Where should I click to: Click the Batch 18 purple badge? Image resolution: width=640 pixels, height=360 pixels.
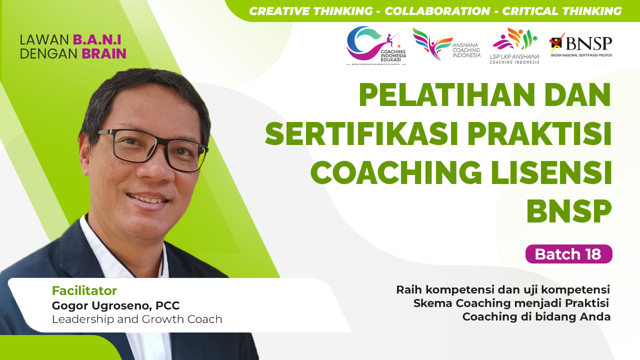click(568, 254)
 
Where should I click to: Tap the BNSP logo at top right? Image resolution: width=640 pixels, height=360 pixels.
click(580, 45)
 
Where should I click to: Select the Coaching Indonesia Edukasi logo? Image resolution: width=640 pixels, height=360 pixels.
click(376, 45)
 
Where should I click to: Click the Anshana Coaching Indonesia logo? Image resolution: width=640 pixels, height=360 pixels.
click(446, 44)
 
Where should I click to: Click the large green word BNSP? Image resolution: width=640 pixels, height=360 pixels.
click(568, 211)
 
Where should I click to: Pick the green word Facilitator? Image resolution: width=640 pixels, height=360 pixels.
click(84, 290)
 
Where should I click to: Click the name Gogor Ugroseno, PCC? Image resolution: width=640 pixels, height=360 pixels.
click(115, 305)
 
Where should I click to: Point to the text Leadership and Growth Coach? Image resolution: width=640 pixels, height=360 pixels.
click(137, 319)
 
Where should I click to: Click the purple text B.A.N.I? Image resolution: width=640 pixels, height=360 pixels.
click(97, 39)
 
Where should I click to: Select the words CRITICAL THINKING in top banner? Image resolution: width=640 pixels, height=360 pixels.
click(562, 11)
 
